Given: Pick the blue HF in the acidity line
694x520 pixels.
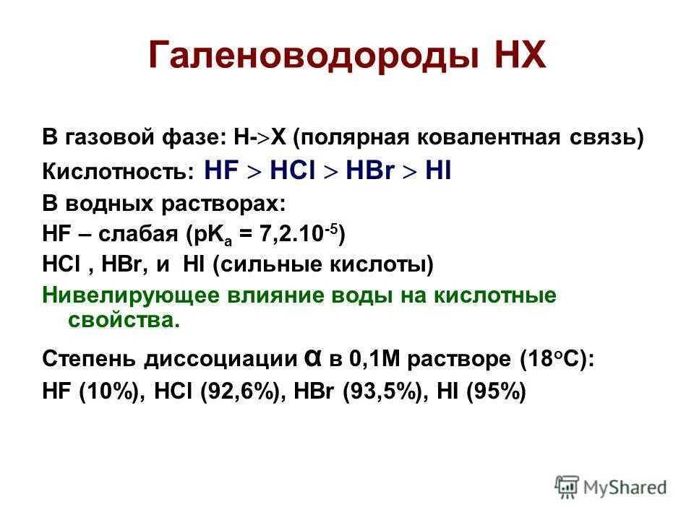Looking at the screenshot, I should [223, 171].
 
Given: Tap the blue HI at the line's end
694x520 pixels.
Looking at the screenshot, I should [438, 171].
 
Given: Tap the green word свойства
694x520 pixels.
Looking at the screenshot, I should [124, 319].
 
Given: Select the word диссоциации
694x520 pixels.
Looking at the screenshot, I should [222, 358].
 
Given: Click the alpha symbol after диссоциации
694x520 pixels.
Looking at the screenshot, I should [310, 357].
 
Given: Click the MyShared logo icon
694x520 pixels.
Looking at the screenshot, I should [567, 487].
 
